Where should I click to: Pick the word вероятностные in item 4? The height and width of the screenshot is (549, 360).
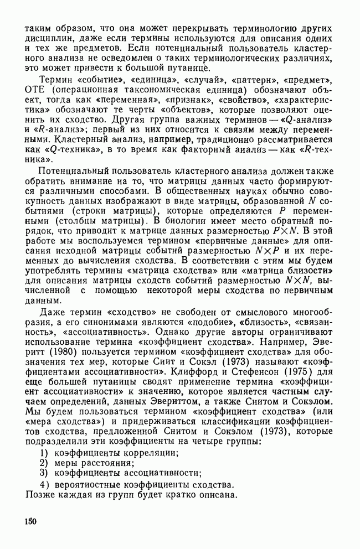90,485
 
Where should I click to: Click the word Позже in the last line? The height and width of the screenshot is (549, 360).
41,495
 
